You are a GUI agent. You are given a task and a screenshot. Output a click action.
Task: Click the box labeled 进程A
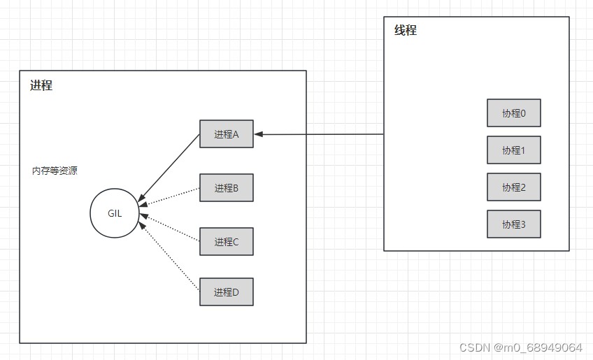pos(226,134)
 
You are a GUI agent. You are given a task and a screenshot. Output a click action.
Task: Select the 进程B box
pos(226,187)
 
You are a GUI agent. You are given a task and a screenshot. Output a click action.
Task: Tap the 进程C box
pos(226,241)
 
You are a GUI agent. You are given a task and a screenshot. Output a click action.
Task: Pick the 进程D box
pos(226,291)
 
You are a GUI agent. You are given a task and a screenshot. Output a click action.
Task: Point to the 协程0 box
pos(513,113)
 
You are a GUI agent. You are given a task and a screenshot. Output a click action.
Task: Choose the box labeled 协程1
pos(513,150)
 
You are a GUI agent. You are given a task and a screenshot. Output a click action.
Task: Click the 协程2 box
pos(513,187)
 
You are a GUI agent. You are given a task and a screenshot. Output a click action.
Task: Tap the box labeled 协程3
pos(513,224)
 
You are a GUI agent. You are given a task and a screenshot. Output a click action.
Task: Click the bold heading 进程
pos(41,85)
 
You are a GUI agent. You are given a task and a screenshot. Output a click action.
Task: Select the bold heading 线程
pos(406,30)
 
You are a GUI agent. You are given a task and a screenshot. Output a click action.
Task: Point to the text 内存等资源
pos(55,171)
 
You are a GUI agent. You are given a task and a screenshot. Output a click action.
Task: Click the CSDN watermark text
pos(521,347)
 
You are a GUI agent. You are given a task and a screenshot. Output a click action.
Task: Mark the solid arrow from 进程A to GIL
pos(169,168)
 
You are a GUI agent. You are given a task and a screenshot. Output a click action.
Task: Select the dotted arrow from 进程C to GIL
pos(170,228)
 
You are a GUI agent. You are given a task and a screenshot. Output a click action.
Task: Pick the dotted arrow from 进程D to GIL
pos(169,257)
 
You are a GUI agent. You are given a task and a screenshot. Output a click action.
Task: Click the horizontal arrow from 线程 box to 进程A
pos(319,134)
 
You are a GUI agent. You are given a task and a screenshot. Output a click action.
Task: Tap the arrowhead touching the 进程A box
pos(259,134)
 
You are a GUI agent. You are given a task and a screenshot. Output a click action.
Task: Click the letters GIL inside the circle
pos(115,213)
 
